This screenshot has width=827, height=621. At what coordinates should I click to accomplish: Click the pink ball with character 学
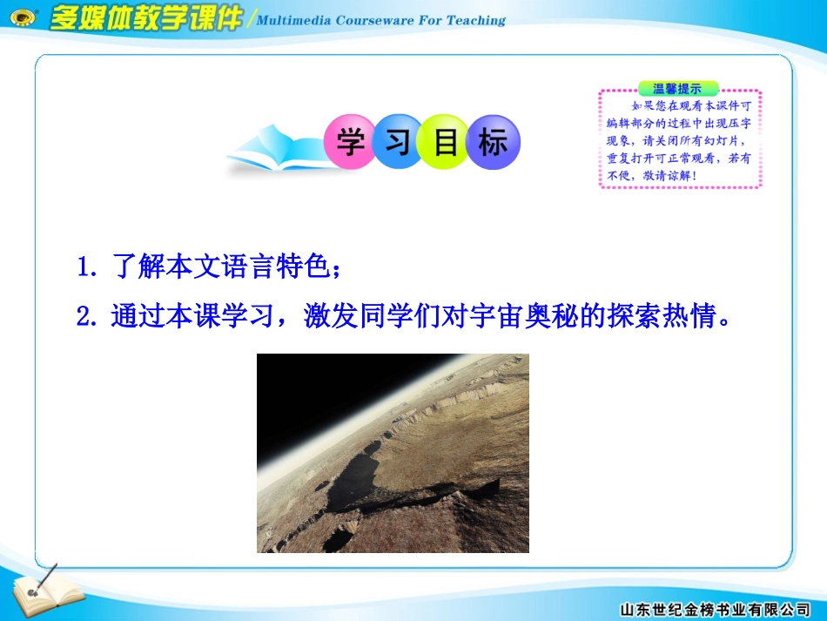[x=350, y=142]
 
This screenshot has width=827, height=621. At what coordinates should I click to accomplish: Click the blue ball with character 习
[x=398, y=142]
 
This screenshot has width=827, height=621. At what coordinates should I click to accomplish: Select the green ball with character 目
[x=446, y=142]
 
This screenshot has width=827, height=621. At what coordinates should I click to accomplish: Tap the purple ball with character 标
[x=494, y=142]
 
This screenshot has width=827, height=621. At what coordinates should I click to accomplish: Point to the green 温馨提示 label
[x=678, y=89]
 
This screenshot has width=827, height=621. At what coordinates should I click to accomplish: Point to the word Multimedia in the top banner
[x=301, y=21]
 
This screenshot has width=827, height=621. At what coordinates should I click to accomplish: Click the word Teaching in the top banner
[x=475, y=21]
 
